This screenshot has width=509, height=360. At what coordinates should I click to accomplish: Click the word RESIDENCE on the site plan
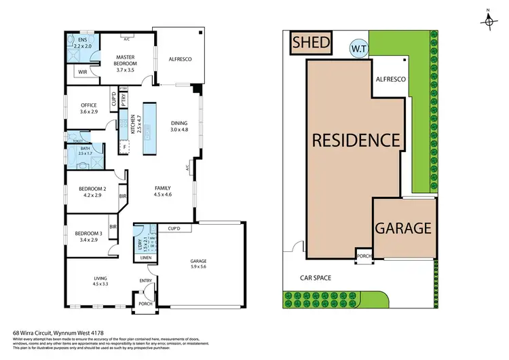coord(355,141)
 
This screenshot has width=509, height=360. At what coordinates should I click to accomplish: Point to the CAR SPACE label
coord(318,277)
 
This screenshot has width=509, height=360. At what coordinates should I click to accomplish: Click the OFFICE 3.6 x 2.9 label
coord(90,107)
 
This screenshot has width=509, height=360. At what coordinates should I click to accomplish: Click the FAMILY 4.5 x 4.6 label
coord(162,191)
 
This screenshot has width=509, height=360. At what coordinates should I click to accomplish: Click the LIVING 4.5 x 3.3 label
coord(99,281)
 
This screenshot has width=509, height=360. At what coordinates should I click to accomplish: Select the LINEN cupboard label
coord(145,257)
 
